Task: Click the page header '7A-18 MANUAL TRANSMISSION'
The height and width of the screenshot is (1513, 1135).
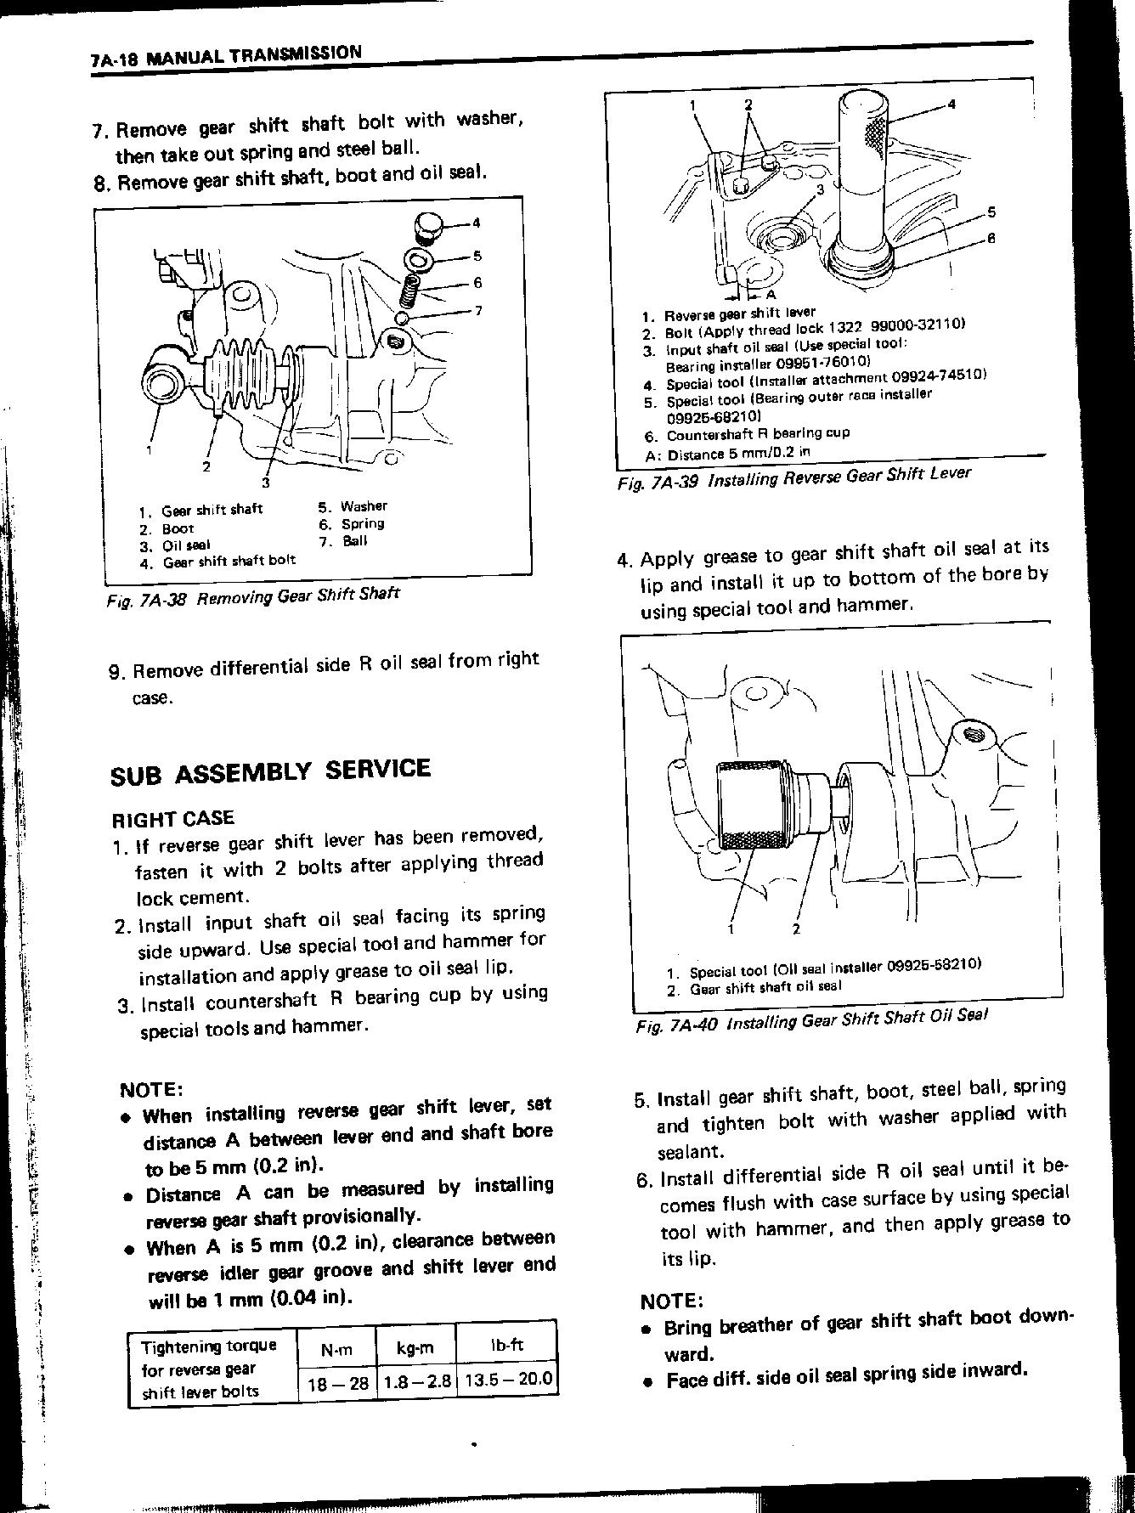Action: (x=225, y=56)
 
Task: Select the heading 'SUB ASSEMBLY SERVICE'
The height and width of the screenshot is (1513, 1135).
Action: (x=270, y=772)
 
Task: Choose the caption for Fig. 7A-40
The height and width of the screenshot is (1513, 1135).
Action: (x=811, y=1019)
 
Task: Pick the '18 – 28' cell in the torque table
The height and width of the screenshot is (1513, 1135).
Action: (x=337, y=1383)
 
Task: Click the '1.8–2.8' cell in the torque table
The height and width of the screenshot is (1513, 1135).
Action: (x=416, y=1381)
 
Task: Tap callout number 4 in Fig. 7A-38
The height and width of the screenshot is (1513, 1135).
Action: (x=477, y=223)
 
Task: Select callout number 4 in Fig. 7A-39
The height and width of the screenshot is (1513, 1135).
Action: (x=951, y=104)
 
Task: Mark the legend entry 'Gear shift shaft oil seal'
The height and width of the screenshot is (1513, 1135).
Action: (x=765, y=988)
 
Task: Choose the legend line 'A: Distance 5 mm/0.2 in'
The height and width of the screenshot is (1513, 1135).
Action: (x=727, y=454)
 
